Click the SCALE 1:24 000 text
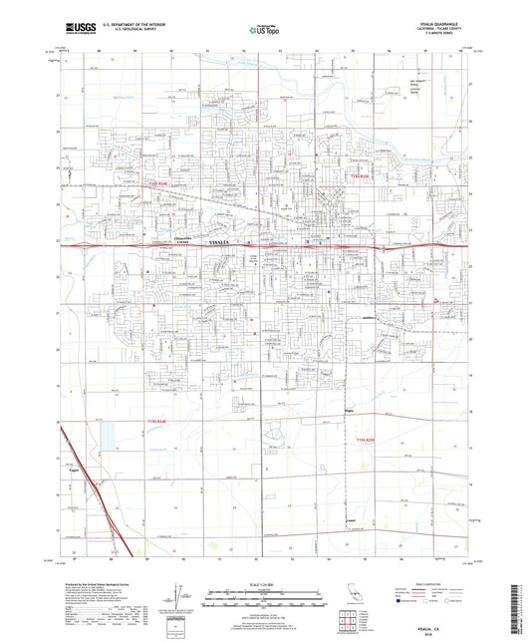tap(264, 583)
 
